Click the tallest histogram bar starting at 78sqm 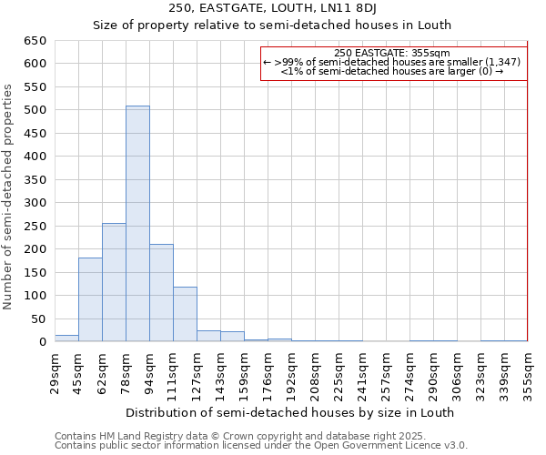(137, 224)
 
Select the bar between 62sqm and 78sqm (114, 282)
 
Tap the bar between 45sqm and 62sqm (90, 299)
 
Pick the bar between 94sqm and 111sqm (161, 293)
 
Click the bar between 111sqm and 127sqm (185, 315)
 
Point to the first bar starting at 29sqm (66, 338)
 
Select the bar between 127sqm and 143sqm (208, 336)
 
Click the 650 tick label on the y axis (35, 41)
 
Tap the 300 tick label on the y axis (35, 203)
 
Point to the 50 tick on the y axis (38, 319)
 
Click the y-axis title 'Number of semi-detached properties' (8, 196)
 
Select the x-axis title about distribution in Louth (289, 412)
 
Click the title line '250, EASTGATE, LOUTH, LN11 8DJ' (291, 9)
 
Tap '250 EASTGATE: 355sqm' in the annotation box (392, 54)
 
